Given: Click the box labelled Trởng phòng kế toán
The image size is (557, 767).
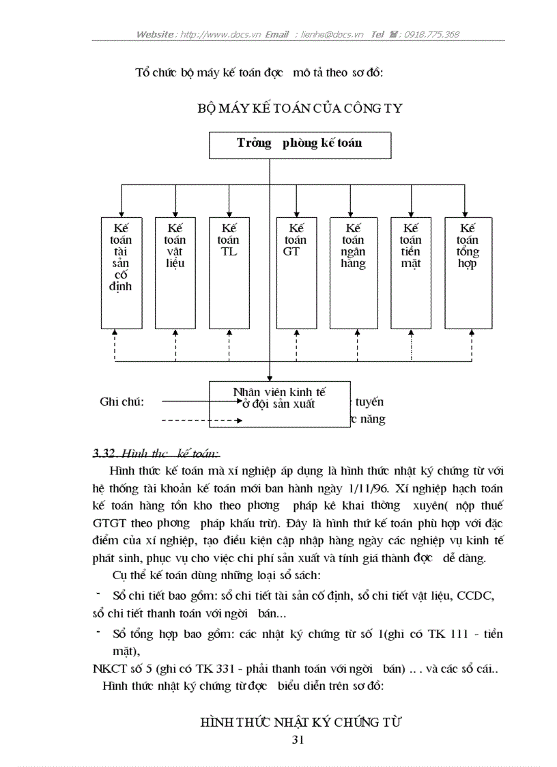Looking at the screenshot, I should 300,145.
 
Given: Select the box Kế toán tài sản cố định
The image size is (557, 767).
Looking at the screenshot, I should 121,272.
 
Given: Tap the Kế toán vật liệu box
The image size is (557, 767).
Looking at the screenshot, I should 175,272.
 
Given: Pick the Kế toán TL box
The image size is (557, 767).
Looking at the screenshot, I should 229,272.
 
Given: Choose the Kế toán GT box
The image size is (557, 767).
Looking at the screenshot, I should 296,272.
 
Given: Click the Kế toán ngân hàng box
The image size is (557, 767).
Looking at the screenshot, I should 353,272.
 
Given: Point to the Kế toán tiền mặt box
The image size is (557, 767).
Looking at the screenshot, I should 410,272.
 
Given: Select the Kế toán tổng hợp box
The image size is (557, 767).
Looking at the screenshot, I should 468,272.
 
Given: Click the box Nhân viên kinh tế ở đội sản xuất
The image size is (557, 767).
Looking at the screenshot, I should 279,404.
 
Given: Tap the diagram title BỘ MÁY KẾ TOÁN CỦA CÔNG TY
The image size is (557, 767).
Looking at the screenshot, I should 300,108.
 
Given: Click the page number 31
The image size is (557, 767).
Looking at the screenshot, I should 298,740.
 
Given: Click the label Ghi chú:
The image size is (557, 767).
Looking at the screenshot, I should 122,402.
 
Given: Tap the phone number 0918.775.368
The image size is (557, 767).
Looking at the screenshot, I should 431,34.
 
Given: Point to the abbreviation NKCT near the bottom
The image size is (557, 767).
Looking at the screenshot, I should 109,669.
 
